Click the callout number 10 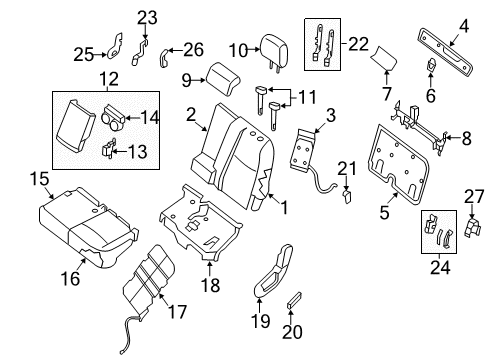pyautogui.click(x=237, y=49)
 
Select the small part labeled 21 pyautogui.click(x=346, y=196)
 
